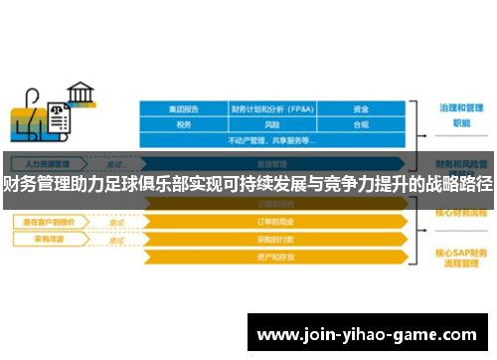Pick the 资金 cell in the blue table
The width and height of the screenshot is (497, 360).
(x=362, y=108)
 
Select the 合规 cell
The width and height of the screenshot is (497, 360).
(x=362, y=124)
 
